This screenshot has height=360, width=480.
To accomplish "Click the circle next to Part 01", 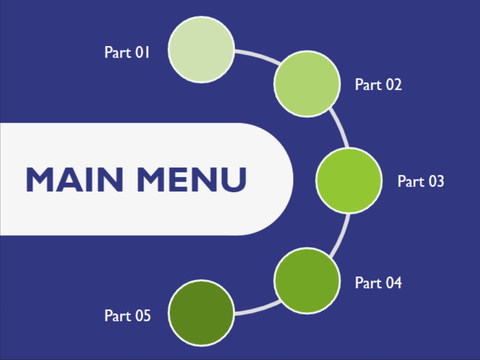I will click(201, 50).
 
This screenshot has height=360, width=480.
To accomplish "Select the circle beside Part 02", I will click(307, 83).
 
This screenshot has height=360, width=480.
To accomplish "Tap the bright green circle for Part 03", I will click(349, 181).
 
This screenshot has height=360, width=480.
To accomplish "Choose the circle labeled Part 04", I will click(307, 280).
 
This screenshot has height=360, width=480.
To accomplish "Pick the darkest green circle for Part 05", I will click(201, 313).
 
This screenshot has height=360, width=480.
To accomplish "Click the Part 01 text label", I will click(127, 53).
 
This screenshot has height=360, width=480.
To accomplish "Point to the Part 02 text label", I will click(378, 85).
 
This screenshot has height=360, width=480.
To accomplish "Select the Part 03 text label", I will click(421, 181).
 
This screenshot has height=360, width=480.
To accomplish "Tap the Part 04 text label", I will click(378, 283).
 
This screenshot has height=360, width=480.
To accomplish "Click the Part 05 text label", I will click(127, 316).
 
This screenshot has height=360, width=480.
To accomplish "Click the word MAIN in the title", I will click(74, 179).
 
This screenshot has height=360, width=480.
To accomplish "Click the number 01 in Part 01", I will click(142, 53).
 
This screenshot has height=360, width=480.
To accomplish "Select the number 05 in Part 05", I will click(142, 316).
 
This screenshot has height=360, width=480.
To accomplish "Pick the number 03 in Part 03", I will click(436, 181).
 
